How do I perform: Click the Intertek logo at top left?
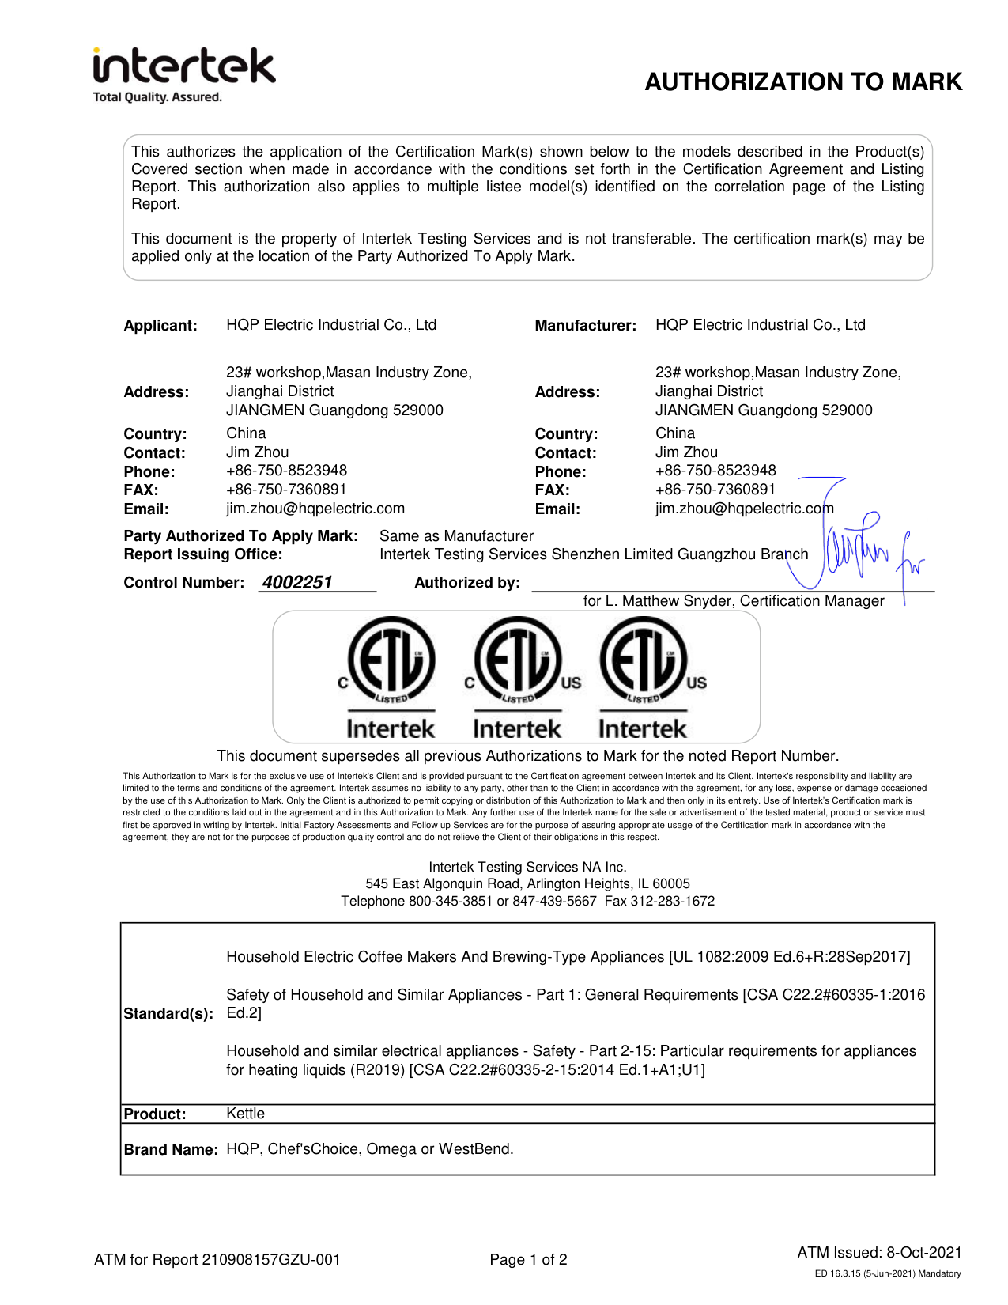point(183,67)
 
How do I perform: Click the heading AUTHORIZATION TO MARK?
point(802,82)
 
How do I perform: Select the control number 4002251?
point(297,583)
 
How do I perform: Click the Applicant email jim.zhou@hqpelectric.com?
point(315,509)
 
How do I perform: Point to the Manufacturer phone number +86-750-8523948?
point(715,471)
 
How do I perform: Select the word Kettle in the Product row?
point(245,1114)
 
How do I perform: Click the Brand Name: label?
point(171,1150)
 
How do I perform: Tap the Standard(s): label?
point(168,1014)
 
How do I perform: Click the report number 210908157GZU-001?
point(270,1260)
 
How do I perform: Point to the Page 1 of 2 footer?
point(528,1260)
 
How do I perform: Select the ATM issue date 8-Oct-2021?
point(923,1253)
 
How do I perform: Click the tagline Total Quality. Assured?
point(157,97)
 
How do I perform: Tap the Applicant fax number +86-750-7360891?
point(286,490)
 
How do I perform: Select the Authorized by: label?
point(467,583)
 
